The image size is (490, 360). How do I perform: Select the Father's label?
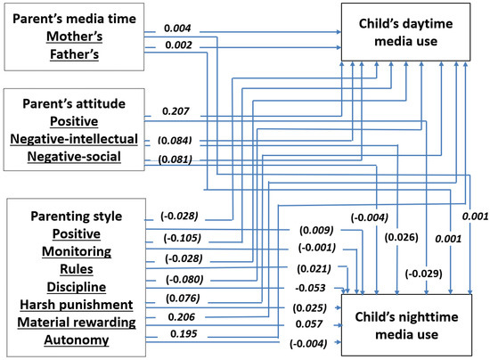tap(74, 53)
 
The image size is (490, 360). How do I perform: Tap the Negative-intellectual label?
tap(74, 140)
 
